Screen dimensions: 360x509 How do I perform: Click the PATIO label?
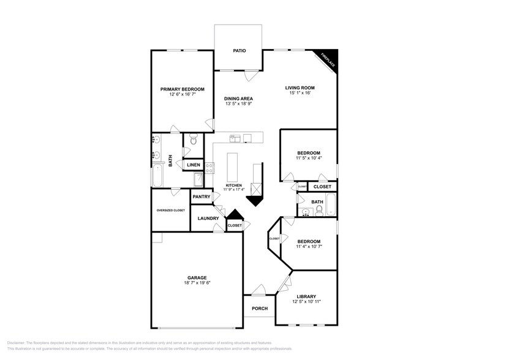[x=239, y=50]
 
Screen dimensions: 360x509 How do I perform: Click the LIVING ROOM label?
[x=300, y=88]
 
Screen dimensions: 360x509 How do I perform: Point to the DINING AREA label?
[x=238, y=99]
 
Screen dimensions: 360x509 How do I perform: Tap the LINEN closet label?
[x=193, y=165]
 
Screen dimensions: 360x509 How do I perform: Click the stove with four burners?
[x=209, y=165]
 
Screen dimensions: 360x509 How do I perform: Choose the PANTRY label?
[x=202, y=197]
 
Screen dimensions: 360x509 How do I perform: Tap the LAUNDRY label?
[x=209, y=218]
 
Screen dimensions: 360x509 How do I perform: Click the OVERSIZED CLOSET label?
[x=170, y=210]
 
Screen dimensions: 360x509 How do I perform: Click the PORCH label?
[x=259, y=308]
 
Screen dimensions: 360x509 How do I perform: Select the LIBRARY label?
[x=306, y=296]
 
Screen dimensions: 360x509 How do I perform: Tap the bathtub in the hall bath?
[x=331, y=205]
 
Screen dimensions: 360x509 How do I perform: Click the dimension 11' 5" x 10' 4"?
[x=308, y=159]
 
